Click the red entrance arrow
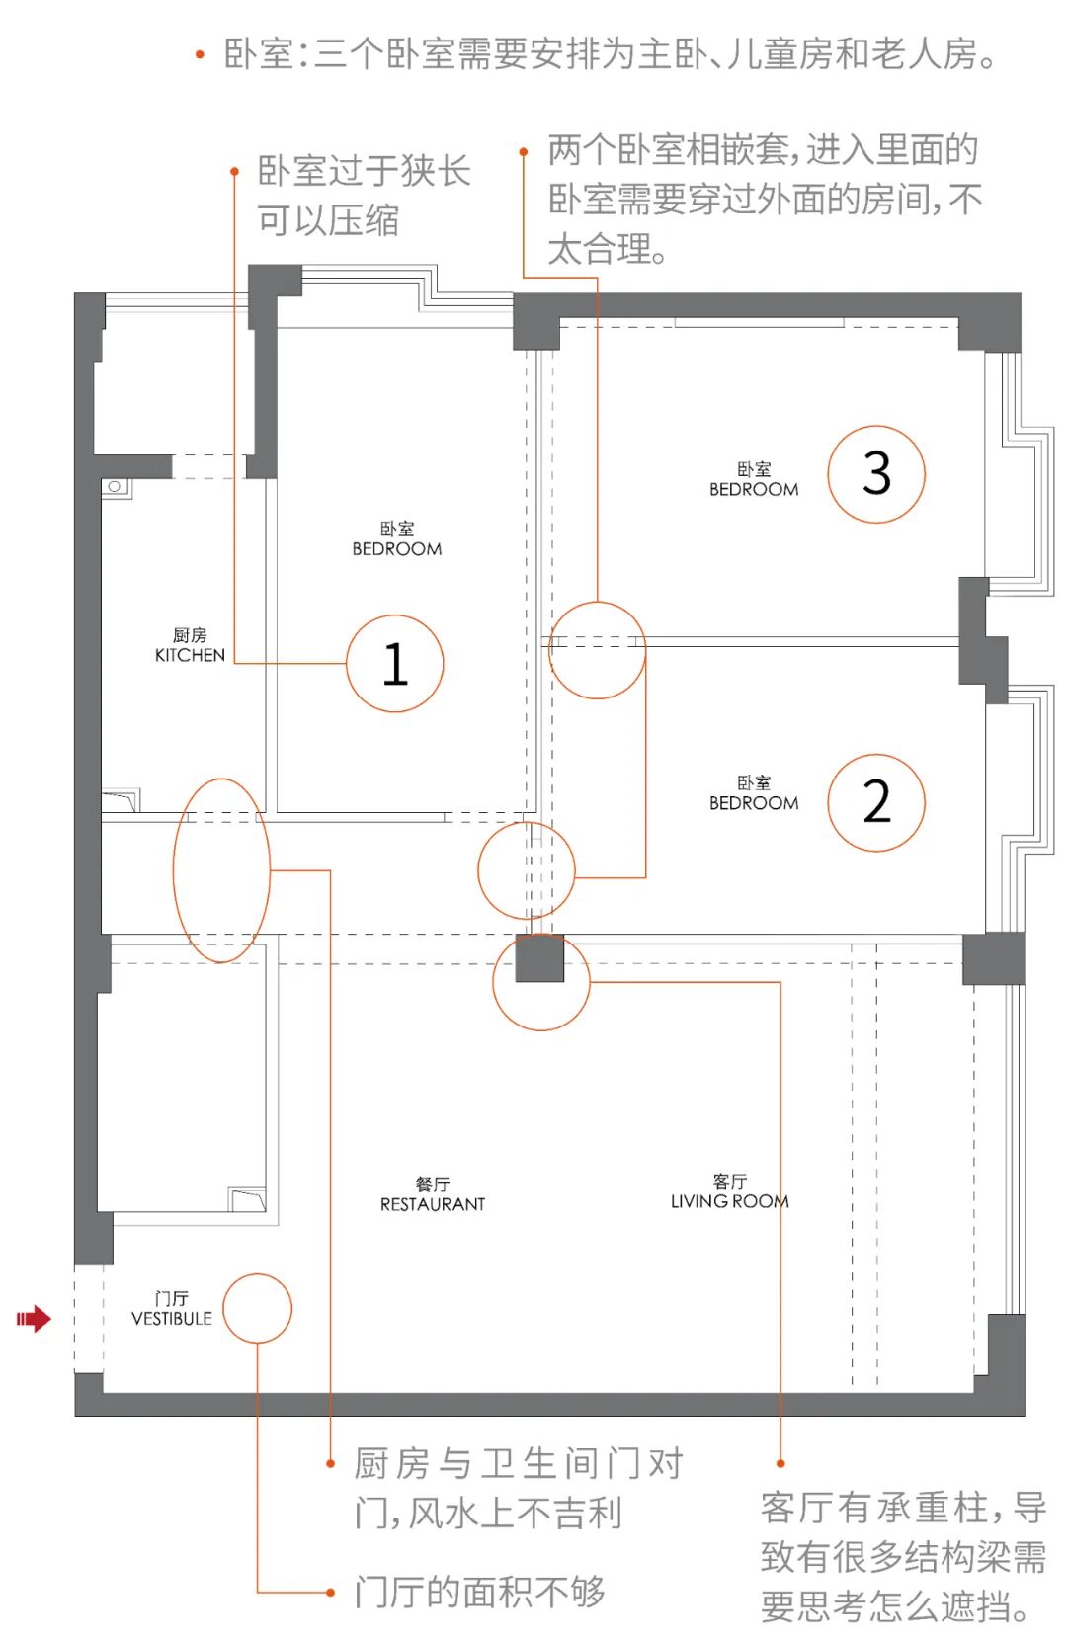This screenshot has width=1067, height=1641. pos(34,1318)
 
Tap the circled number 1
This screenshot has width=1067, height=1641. pos(395,664)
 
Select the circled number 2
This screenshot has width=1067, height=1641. pos(876,802)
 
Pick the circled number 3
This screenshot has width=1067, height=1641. pos(876,474)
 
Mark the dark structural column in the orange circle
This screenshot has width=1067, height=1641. pos(539,957)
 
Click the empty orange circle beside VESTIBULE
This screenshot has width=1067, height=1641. pos(257,1308)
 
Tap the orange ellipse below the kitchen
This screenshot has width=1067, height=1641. pos(221,870)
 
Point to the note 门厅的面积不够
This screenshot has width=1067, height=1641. pos(480,1591)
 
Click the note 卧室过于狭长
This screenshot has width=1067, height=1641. pos(364,171)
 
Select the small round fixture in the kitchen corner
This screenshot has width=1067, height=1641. pos(115,487)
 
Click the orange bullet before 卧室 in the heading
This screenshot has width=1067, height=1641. pos(201,55)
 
